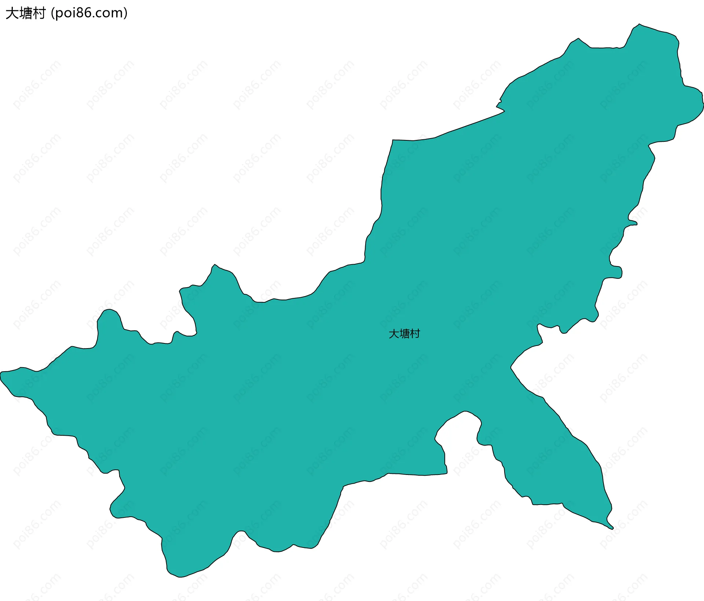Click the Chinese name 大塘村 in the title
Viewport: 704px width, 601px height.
click(25, 14)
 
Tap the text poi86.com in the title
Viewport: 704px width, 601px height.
click(89, 14)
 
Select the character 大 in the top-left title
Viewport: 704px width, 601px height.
click(12, 14)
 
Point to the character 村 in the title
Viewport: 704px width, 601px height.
click(39, 14)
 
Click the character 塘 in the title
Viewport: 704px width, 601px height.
click(25, 14)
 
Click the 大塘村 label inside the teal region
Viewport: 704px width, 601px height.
click(404, 334)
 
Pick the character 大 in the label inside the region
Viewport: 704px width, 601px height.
click(394, 334)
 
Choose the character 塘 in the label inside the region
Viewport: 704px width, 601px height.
click(404, 334)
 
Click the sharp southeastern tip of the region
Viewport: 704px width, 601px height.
click(612, 528)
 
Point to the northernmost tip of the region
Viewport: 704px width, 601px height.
click(639, 25)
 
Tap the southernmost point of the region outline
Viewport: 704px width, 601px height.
click(179, 577)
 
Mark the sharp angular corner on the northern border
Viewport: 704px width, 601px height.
click(393, 140)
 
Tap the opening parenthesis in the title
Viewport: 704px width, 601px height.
click(53, 14)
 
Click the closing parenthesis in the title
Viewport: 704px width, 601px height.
click(126, 14)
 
